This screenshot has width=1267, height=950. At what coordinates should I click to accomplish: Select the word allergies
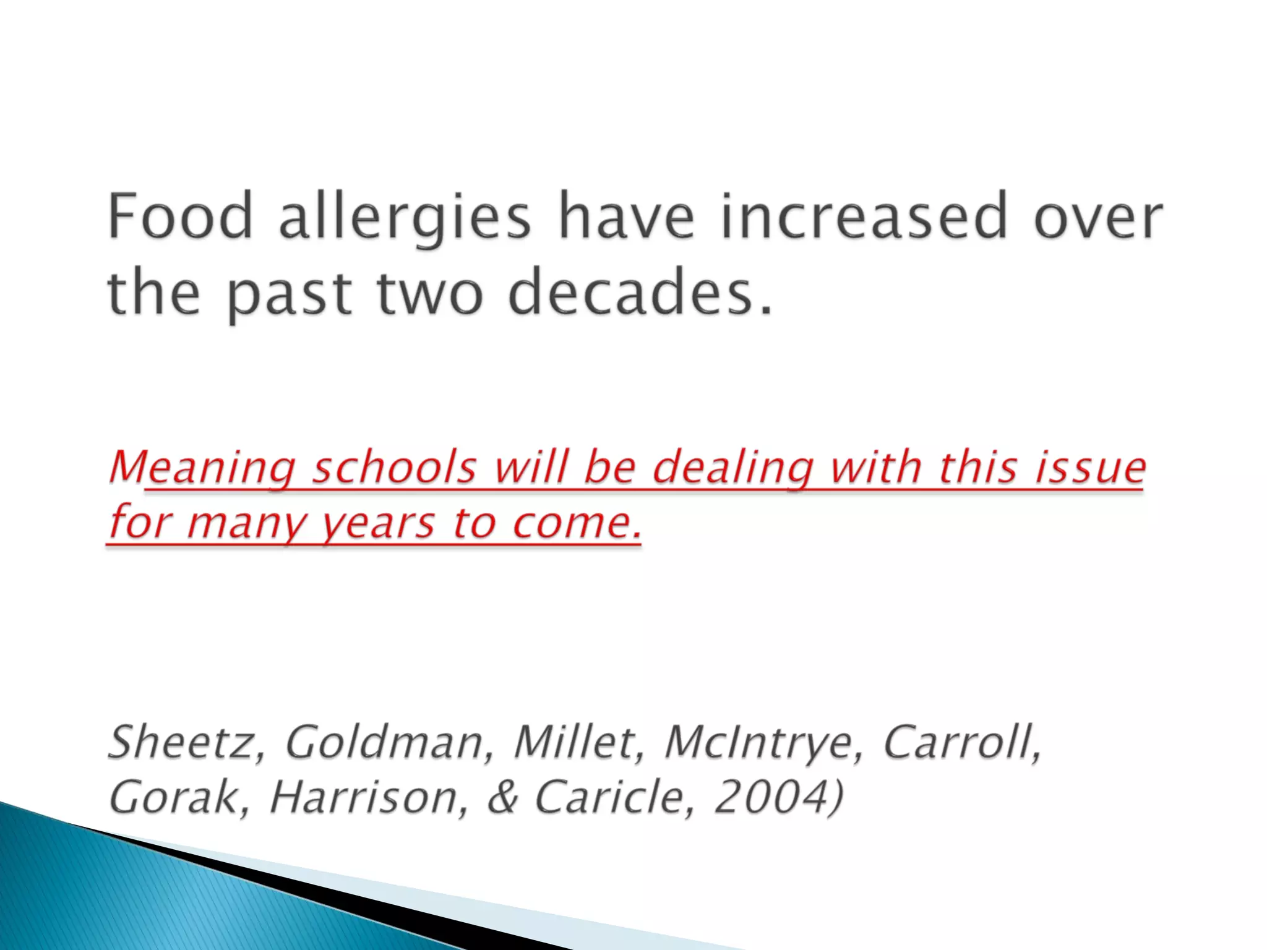405,218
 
